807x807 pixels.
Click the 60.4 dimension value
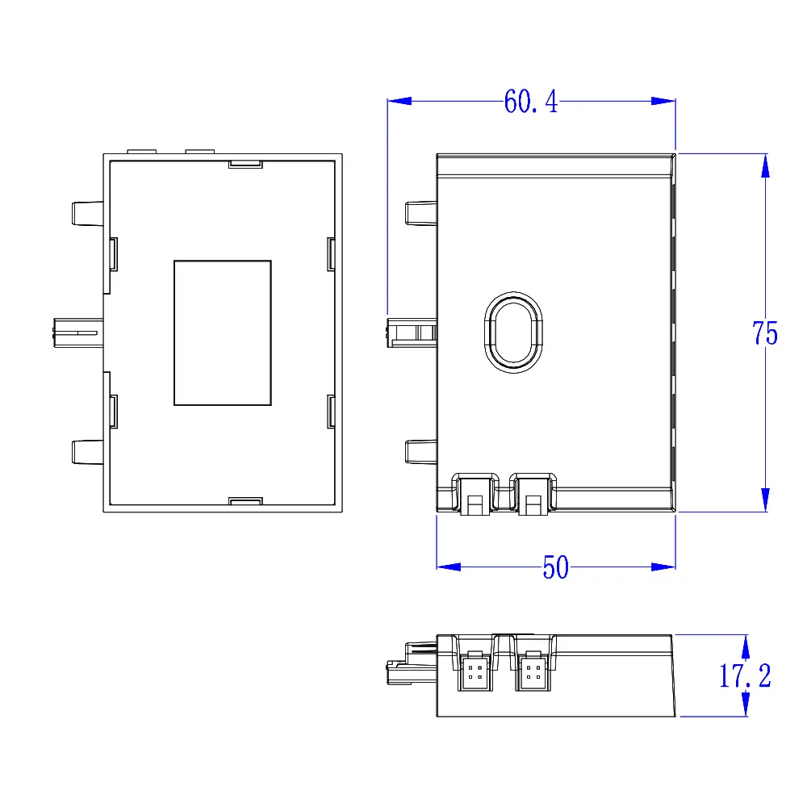point(530,102)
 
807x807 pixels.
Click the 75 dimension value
point(764,333)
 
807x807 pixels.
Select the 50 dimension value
point(555,568)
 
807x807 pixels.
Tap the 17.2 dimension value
point(744,676)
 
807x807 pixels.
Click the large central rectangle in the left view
point(222,332)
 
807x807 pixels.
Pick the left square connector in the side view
point(475,671)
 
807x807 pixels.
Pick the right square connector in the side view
point(532,671)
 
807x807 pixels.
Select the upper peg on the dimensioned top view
point(420,213)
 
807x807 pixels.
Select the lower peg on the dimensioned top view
point(420,451)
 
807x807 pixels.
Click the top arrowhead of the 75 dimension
point(765,165)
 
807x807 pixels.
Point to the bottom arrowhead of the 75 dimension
point(765,500)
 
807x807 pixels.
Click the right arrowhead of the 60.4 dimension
point(663,101)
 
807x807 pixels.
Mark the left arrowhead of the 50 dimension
point(449,567)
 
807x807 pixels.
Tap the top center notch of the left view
point(245,164)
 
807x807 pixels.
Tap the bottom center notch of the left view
point(245,501)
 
